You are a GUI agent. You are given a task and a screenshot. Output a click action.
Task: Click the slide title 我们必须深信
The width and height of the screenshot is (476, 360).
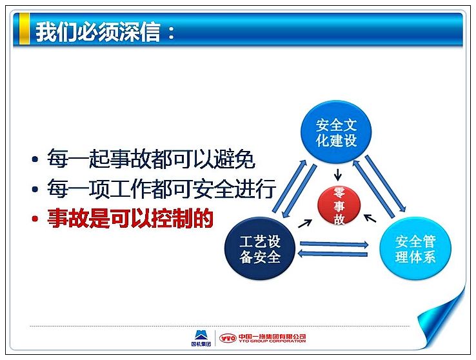tap(98, 31)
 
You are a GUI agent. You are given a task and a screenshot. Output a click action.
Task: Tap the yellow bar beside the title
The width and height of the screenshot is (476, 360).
tap(24, 29)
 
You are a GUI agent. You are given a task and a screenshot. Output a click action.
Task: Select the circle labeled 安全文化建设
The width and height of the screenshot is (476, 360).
tap(336, 132)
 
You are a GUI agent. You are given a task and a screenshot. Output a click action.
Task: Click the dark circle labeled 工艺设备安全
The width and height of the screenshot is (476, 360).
tap(260, 249)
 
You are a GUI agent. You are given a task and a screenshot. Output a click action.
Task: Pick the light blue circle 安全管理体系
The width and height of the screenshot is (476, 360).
tap(415, 249)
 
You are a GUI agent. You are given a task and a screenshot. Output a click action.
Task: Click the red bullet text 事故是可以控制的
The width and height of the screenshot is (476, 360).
tap(130, 218)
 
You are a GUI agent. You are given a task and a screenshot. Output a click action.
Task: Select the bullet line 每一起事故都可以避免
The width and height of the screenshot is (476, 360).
tap(151, 158)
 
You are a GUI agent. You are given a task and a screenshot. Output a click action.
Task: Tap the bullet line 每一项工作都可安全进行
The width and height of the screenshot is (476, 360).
tap(161, 188)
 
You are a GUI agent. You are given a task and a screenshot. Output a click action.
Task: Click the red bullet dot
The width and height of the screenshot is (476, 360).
tap(35, 219)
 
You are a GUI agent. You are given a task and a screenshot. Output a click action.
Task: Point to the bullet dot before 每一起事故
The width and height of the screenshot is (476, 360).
tap(35, 159)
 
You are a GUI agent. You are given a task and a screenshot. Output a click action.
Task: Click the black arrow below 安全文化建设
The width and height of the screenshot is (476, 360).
tap(337, 175)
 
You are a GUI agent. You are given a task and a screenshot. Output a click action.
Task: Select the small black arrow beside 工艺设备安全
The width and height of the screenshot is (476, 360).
tap(305, 224)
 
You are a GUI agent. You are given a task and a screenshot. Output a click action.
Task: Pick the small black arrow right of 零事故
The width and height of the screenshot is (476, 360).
tap(370, 218)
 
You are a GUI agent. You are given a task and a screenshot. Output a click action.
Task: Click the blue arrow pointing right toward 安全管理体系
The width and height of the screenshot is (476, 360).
tap(334, 244)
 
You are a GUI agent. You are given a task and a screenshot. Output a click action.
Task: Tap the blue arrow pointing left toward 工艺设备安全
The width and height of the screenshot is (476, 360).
tap(333, 254)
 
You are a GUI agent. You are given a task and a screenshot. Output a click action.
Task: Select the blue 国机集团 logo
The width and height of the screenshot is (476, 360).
tap(201, 338)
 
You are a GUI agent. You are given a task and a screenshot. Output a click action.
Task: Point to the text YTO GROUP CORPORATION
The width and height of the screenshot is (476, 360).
tap(272, 341)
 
